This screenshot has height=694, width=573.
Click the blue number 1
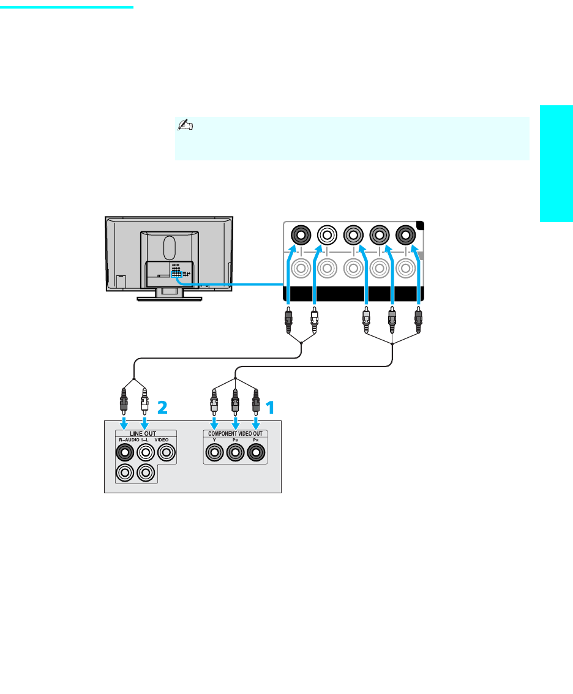[270, 406]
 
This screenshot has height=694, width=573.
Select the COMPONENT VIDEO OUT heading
[236, 434]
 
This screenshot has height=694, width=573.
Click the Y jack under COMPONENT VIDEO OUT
[214, 453]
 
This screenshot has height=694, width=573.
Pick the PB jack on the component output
[235, 453]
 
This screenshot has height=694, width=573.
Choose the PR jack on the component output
[256, 453]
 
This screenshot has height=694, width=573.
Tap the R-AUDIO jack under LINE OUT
[125, 453]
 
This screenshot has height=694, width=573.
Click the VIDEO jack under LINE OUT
[166, 453]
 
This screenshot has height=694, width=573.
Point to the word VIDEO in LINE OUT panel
[162, 440]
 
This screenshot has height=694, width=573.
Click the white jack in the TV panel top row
[326, 234]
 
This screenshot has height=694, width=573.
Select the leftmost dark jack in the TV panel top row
[300, 234]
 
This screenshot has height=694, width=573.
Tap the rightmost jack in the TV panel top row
[405, 234]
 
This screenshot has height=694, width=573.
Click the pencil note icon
[184, 125]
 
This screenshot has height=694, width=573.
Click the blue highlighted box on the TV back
[177, 275]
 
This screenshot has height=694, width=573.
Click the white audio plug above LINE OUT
[144, 398]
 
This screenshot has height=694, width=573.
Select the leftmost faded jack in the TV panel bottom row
[300, 267]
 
